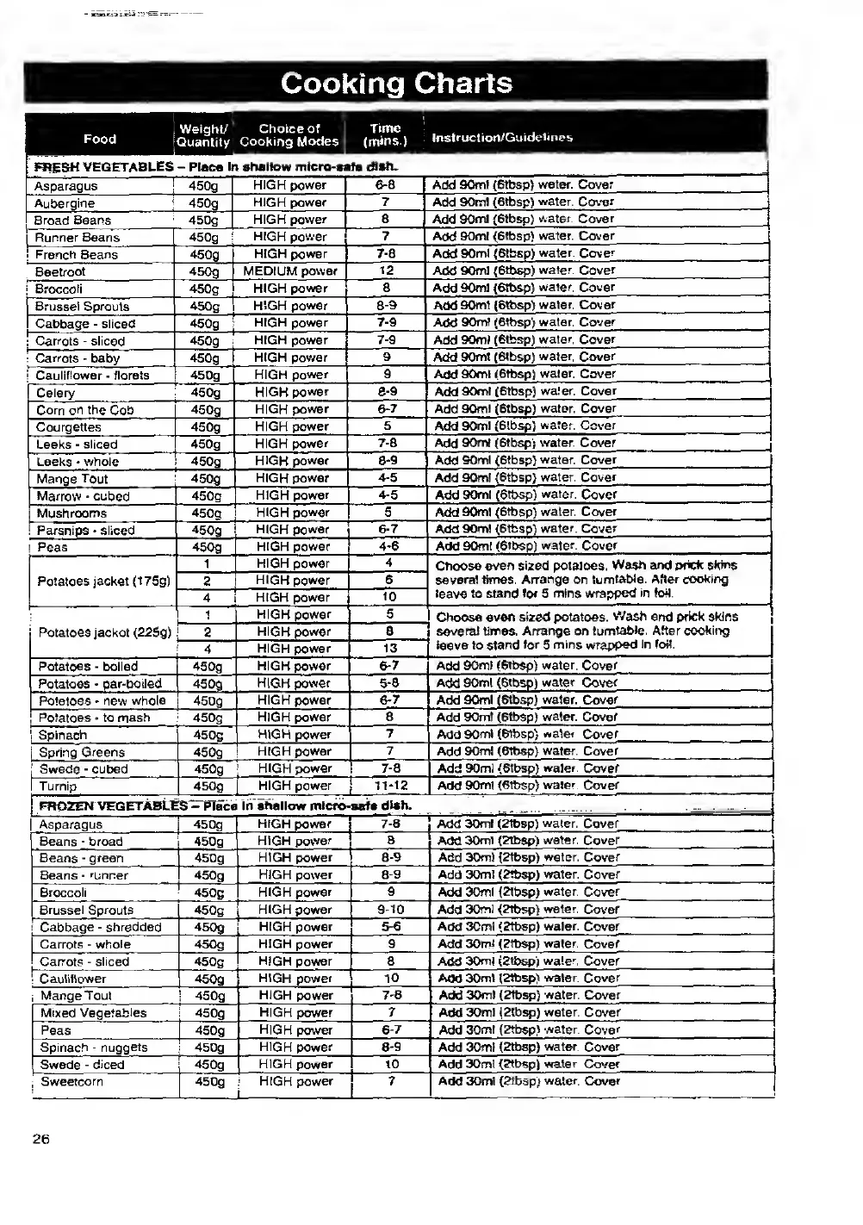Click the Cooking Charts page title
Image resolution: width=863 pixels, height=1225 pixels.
396,84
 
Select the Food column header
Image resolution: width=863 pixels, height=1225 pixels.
100,139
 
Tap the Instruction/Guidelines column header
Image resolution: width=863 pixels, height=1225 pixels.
502,137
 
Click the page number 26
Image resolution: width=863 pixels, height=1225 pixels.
41,1139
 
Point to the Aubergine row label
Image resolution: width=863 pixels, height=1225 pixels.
65,203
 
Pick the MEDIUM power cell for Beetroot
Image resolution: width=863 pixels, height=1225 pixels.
290,271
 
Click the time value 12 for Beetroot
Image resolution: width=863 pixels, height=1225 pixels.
386,271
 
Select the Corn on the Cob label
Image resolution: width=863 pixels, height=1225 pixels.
85,410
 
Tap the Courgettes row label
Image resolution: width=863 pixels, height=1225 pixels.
69,427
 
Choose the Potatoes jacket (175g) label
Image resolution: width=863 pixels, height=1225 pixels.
103,581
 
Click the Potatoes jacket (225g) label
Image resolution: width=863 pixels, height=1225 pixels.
105,632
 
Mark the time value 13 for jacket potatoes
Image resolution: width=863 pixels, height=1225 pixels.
389,649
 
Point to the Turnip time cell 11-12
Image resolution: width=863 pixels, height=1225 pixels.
389,786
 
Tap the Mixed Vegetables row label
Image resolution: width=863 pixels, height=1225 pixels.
94,1013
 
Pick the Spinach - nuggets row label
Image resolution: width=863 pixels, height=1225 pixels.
94,1048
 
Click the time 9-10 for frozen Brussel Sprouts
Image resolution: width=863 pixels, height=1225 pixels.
390,910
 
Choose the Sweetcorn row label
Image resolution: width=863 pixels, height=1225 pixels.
71,1082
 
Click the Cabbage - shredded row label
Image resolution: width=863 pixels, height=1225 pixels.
101,927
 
